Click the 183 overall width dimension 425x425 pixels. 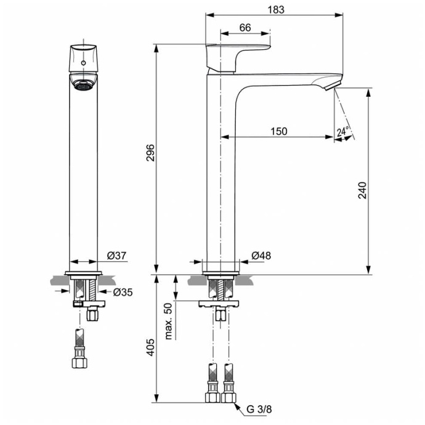[x=277, y=9]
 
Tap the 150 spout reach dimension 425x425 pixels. [x=278, y=131]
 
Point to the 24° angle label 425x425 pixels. [x=343, y=131]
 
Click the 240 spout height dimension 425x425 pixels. [x=363, y=190]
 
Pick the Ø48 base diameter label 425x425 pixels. [x=261, y=256]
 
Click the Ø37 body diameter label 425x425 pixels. [x=116, y=256]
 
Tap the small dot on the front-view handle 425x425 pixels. [x=82, y=62]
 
